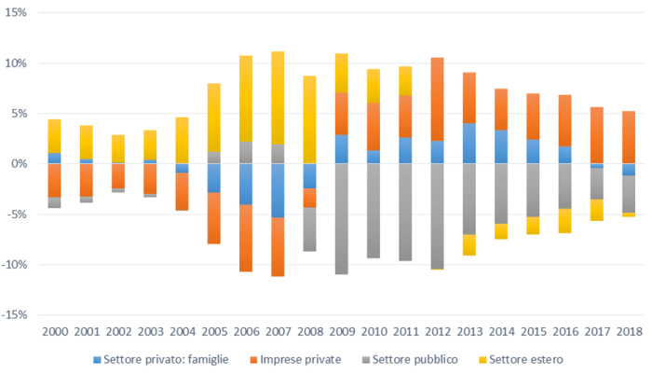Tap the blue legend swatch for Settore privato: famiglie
tap(98, 359)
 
